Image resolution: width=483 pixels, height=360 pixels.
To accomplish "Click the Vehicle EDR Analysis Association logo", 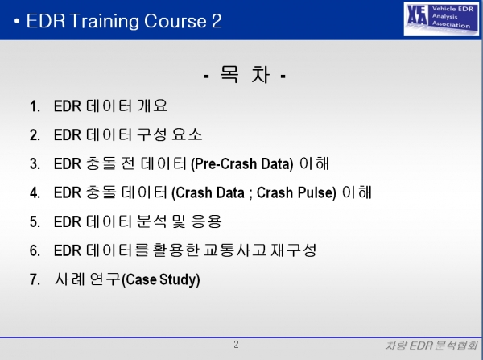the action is [x=441, y=19].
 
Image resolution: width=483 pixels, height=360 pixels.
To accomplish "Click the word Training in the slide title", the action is [x=104, y=21].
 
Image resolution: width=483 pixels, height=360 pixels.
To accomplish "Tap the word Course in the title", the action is [x=175, y=21].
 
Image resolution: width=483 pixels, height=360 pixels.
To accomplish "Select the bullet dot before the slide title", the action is [x=17, y=21].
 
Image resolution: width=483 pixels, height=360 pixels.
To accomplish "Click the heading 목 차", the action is [x=246, y=75].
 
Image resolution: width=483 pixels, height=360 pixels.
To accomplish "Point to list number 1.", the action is [x=35, y=106].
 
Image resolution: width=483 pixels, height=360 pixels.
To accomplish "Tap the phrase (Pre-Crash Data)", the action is [x=242, y=164].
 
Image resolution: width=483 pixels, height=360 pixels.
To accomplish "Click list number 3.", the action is [x=35, y=164].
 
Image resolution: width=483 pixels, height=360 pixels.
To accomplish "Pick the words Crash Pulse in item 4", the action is [x=296, y=192].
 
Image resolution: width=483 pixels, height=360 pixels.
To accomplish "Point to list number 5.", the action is [x=35, y=222].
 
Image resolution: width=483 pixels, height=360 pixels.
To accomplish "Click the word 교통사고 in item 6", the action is [x=235, y=250].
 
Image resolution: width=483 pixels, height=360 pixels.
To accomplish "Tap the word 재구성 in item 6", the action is [x=294, y=250].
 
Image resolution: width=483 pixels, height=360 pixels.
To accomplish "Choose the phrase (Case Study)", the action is [x=161, y=279].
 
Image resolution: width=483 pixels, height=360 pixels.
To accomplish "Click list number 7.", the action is [x=35, y=279].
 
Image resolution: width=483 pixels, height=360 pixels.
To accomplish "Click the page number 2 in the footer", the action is [x=236, y=344].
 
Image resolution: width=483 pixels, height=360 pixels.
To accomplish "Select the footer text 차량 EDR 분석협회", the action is [x=431, y=346].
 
